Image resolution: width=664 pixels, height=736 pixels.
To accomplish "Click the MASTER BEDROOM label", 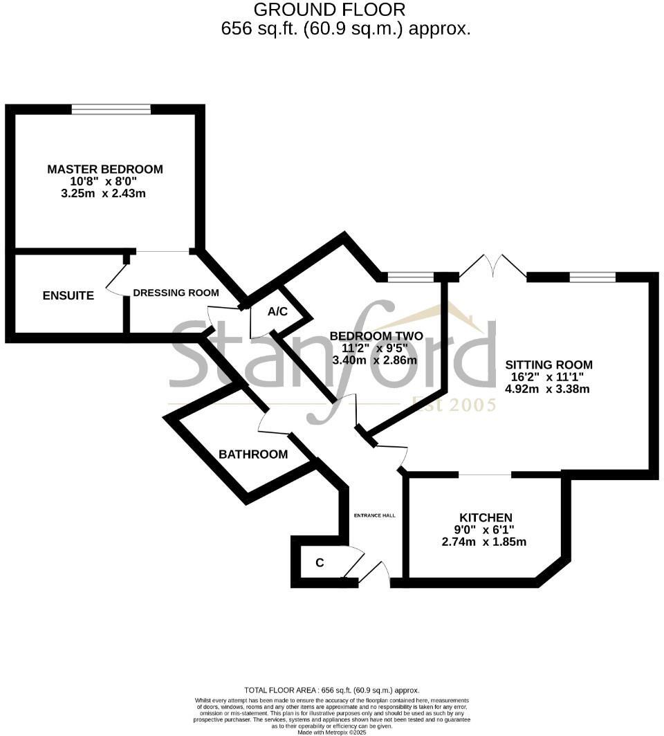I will (x=104, y=169).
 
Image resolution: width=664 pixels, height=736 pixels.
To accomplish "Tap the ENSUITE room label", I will (x=68, y=295).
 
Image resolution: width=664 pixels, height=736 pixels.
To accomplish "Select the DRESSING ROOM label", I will (x=176, y=293).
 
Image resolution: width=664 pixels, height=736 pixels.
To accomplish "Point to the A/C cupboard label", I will (x=277, y=312).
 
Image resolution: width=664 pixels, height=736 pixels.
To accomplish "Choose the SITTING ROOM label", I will (x=548, y=365).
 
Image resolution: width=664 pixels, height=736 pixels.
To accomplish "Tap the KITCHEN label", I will (x=486, y=517).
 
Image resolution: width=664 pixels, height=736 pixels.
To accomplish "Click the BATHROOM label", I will (x=253, y=454).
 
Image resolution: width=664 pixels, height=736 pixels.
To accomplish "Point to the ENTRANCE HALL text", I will (x=374, y=515).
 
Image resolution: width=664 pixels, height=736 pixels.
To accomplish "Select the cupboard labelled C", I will (x=320, y=563).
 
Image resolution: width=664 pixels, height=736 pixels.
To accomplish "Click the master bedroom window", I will (x=111, y=109).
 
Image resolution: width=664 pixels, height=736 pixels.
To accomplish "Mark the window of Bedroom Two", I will (x=411, y=277).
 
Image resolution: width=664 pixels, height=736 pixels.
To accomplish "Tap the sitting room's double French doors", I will (x=492, y=267).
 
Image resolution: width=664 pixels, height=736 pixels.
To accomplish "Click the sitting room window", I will (x=592, y=277).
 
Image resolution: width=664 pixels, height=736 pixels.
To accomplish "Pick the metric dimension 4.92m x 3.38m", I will (x=548, y=389).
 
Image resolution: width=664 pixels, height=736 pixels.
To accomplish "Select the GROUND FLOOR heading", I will (x=329, y=10).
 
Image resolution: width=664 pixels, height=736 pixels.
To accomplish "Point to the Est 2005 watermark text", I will (x=454, y=405).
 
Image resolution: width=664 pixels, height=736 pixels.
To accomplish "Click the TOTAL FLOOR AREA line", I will (x=332, y=690).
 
